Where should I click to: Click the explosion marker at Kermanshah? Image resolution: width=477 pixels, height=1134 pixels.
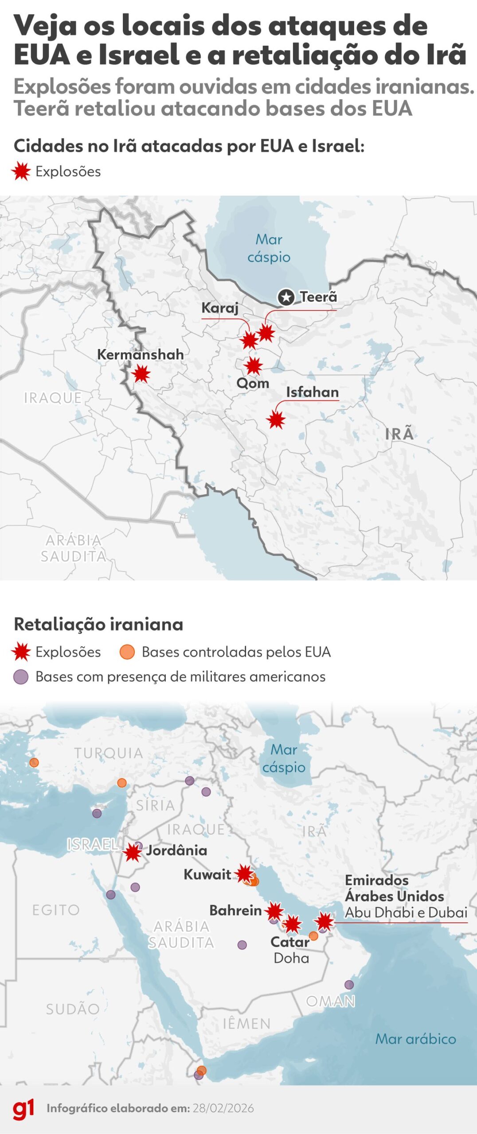pyautogui.click(x=141, y=374)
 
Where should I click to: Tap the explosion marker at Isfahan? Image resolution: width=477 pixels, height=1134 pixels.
pyautogui.click(x=276, y=419)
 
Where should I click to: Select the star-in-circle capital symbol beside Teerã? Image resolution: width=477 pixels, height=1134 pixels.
pyautogui.click(x=286, y=297)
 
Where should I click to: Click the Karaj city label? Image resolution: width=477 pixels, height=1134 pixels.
pyautogui.click(x=220, y=307)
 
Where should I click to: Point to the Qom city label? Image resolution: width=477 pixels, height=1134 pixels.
pyautogui.click(x=253, y=383)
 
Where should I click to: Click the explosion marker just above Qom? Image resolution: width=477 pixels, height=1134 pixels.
pyautogui.click(x=254, y=366)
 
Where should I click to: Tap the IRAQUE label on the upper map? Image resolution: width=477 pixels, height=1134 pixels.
pyautogui.click(x=53, y=398)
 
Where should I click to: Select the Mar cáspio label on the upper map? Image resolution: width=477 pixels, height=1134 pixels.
pyautogui.click(x=269, y=248)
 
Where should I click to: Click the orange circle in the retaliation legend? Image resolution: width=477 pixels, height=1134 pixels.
pyautogui.click(x=127, y=652)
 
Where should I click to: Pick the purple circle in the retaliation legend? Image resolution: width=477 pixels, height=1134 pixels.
pyautogui.click(x=21, y=677)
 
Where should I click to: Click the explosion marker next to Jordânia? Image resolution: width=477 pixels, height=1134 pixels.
pyautogui.click(x=132, y=852)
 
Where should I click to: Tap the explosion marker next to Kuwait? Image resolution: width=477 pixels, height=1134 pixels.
pyautogui.click(x=244, y=874)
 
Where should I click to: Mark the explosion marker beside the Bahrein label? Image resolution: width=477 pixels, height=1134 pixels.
pyautogui.click(x=274, y=911)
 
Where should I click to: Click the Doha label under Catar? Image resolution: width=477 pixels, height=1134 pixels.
pyautogui.click(x=291, y=958)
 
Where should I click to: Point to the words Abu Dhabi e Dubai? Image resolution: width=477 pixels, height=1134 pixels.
pyautogui.click(x=406, y=913)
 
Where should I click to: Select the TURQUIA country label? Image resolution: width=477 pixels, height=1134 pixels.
pyautogui.click(x=109, y=753)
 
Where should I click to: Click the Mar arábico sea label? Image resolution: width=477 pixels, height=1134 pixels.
pyautogui.click(x=415, y=1039)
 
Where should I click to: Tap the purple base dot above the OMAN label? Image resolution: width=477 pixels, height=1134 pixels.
pyautogui.click(x=349, y=985)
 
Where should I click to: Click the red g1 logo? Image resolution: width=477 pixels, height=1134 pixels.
pyautogui.click(x=23, y=1108)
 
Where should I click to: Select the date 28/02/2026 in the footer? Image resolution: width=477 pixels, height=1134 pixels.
pyautogui.click(x=223, y=1108)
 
